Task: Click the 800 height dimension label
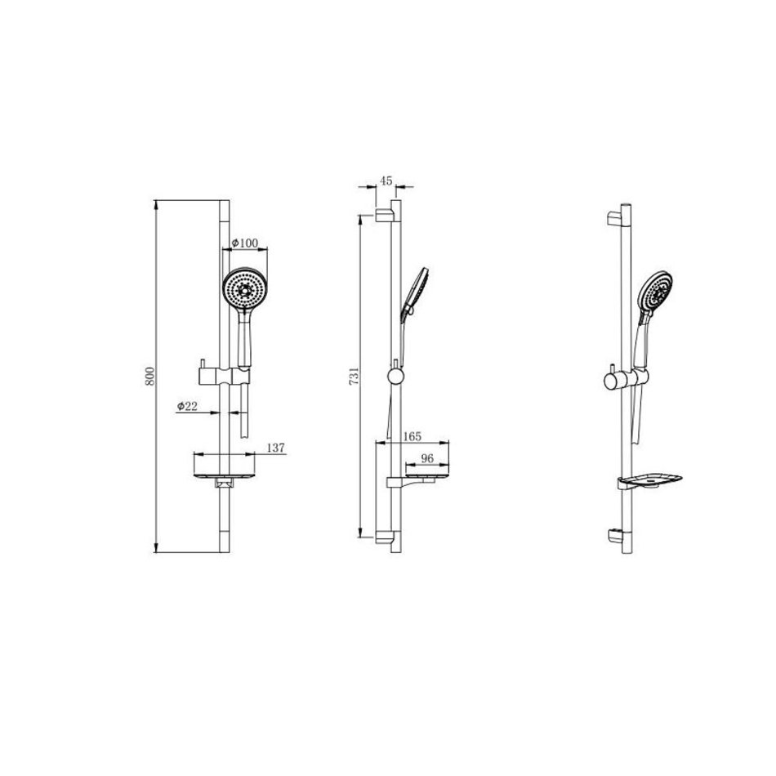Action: (x=151, y=376)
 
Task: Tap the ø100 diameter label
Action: (x=245, y=243)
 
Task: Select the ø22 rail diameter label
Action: (x=187, y=406)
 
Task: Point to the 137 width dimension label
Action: (x=275, y=448)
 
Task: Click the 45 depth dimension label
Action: (x=386, y=181)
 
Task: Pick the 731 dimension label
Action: (x=355, y=377)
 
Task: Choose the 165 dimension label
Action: (x=413, y=436)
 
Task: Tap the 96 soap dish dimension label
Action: (x=427, y=459)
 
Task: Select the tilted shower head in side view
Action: (x=415, y=292)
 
